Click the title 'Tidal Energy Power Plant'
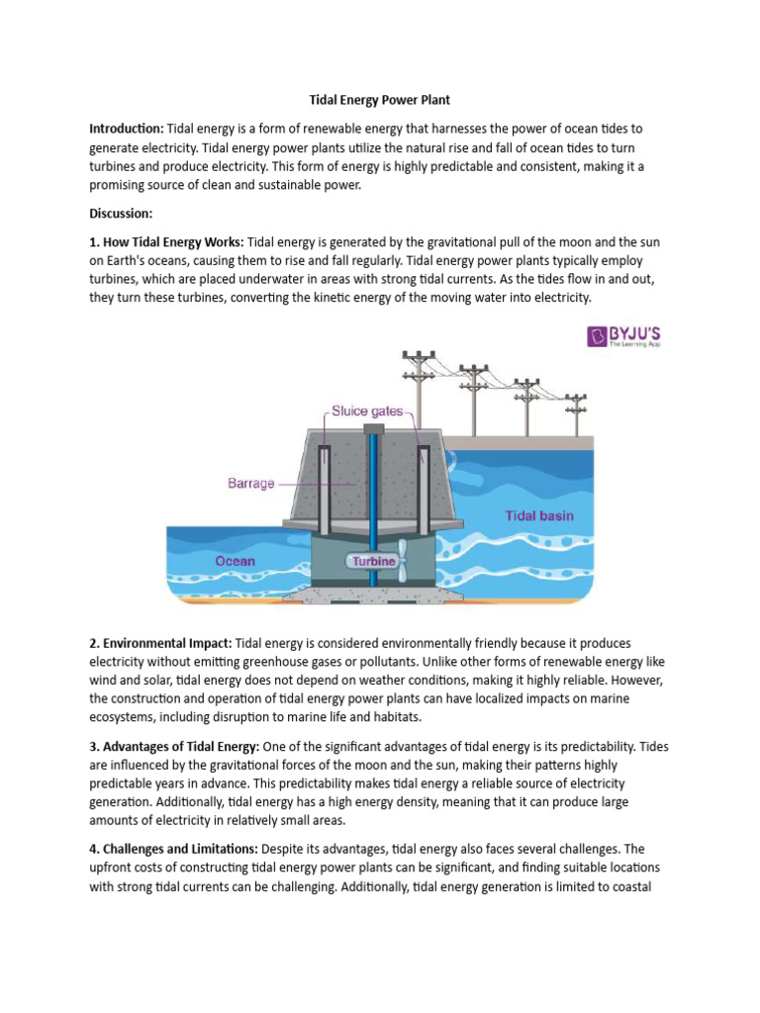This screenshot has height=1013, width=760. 380,100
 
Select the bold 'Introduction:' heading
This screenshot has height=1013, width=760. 126,130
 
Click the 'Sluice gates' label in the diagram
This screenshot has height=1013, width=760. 367,411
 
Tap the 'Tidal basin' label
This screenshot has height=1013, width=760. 538,515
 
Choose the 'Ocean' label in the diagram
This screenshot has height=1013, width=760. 236,561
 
